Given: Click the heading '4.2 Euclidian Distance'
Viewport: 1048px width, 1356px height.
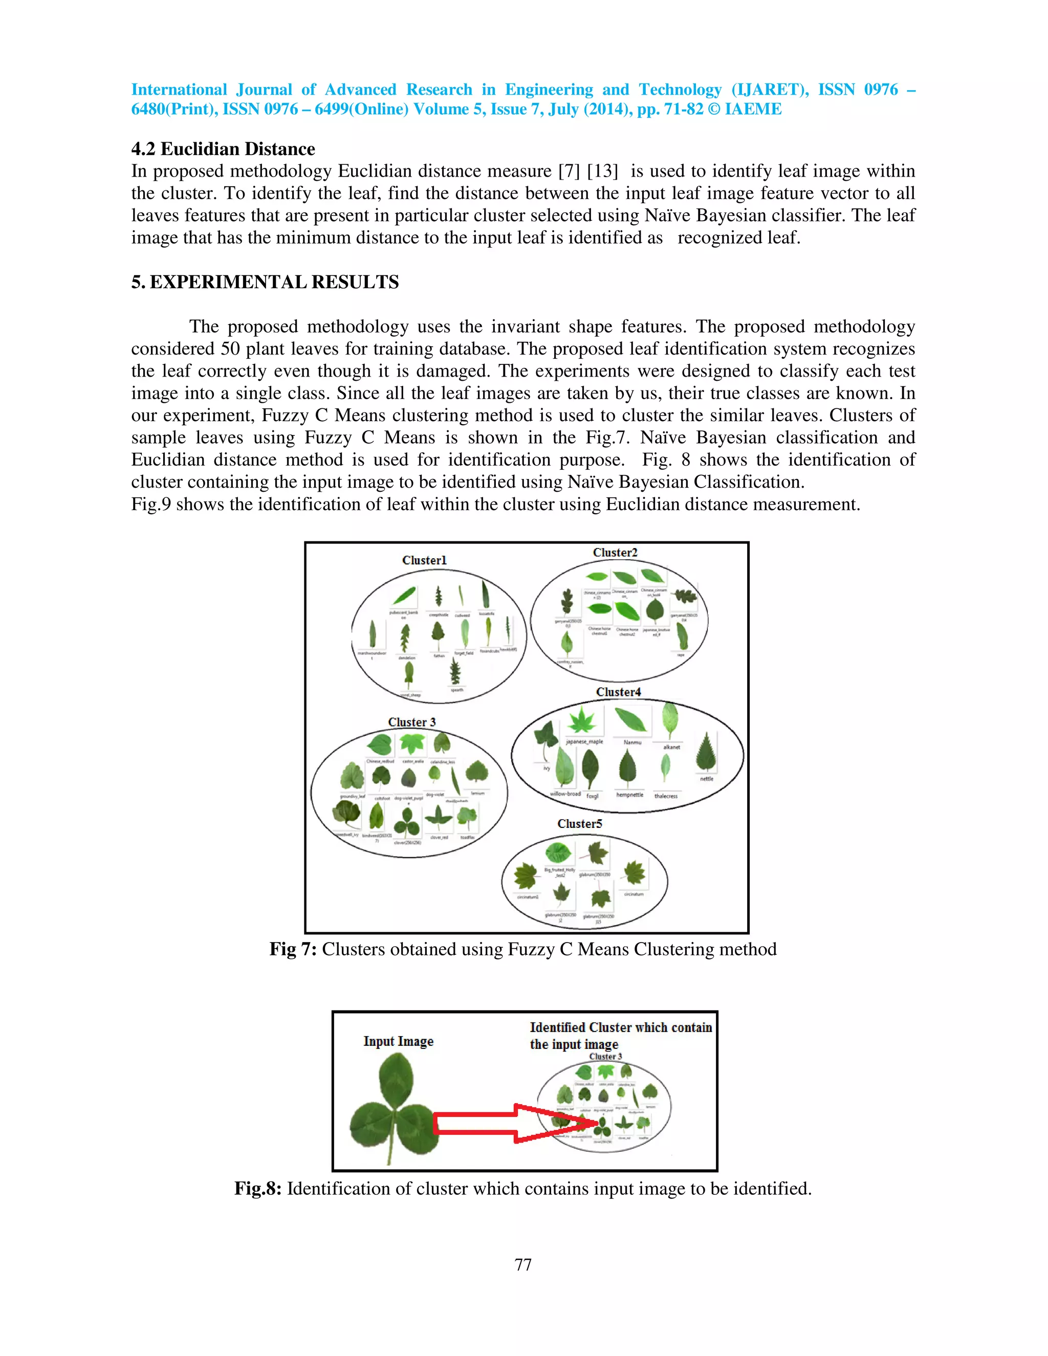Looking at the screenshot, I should (x=223, y=149).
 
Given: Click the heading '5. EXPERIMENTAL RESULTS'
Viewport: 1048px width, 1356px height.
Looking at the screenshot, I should (x=265, y=282).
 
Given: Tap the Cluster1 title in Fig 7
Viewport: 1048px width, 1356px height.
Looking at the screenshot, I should (x=424, y=560).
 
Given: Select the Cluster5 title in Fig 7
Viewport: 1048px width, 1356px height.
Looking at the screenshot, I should (x=579, y=824).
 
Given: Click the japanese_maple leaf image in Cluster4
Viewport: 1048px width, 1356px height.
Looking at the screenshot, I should (x=582, y=721).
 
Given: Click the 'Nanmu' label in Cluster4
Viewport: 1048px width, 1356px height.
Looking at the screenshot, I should (x=632, y=742).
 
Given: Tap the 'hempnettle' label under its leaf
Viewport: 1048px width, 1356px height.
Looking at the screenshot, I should (x=629, y=795).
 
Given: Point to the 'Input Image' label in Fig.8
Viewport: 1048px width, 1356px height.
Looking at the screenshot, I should (x=398, y=1041).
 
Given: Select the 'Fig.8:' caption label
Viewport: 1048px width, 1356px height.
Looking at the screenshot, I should (x=258, y=1188).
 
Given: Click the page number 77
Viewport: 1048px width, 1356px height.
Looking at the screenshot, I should (x=523, y=1265).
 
